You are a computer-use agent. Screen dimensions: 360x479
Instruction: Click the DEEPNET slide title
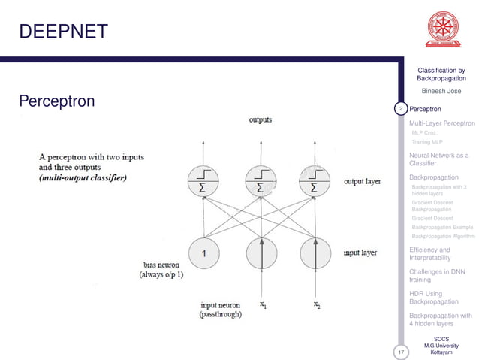(63, 31)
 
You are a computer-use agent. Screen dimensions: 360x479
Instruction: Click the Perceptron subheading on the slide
(56, 100)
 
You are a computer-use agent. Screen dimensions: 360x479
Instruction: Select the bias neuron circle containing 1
(203, 254)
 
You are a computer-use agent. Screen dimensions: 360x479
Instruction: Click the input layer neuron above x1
(261, 254)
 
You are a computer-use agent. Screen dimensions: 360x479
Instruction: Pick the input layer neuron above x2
(315, 254)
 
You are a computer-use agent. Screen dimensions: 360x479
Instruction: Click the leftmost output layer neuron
(203, 180)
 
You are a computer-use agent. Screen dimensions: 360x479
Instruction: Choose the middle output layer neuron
(261, 180)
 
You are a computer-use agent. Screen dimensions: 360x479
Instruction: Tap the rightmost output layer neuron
(315, 180)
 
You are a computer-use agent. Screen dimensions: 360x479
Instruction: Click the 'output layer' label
(362, 181)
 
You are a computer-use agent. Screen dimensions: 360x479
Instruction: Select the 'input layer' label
(360, 253)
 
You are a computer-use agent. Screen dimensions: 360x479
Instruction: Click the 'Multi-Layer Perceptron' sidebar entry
(442, 123)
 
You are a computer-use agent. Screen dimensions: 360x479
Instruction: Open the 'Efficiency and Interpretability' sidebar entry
(430, 254)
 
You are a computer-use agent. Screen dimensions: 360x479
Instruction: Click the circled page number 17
(401, 352)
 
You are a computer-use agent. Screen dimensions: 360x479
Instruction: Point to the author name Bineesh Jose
(441, 92)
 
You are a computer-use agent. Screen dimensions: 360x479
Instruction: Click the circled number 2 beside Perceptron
(401, 110)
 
